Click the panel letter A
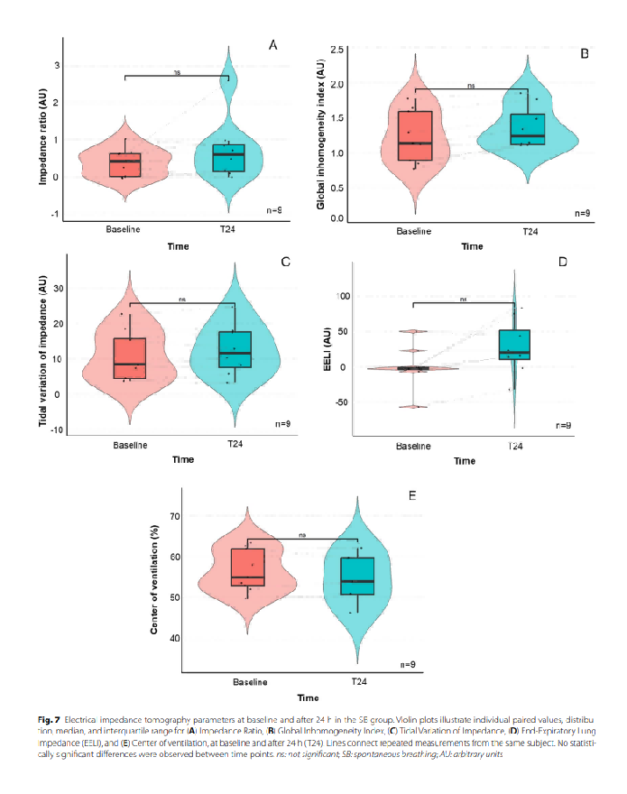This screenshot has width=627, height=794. (x=272, y=44)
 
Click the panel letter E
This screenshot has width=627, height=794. (x=412, y=495)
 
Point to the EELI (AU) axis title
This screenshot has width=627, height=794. (x=330, y=352)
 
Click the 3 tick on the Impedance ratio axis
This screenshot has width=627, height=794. (x=57, y=66)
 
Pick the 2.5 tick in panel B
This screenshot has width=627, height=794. (x=337, y=49)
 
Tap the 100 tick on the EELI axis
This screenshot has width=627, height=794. (x=345, y=296)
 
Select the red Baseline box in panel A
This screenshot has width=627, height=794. (x=124, y=165)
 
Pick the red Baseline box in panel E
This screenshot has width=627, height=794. (x=248, y=568)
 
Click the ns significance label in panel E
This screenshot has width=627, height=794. (x=302, y=535)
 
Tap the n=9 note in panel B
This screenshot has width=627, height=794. (x=582, y=214)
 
